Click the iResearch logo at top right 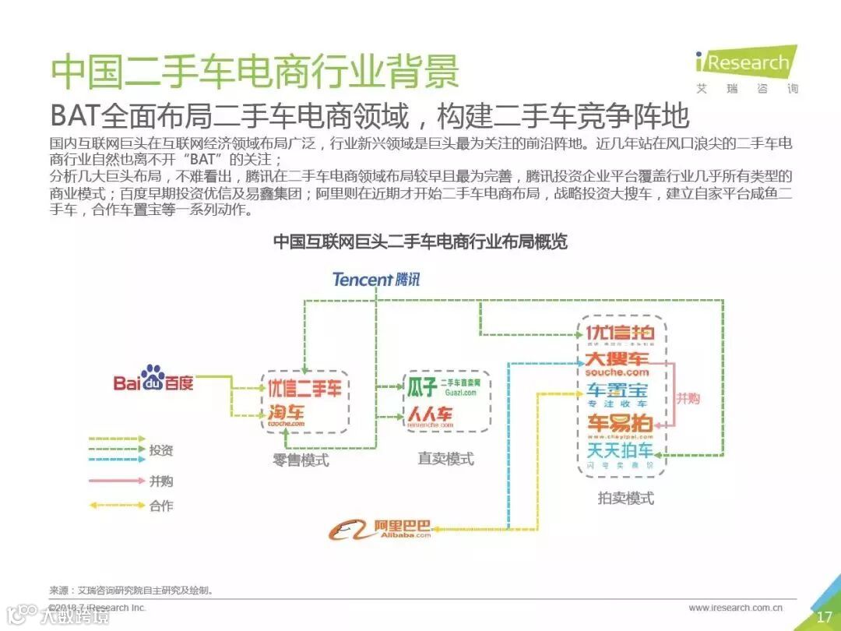(x=746, y=66)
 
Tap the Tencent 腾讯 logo (x=376, y=279)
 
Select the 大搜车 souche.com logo (x=616, y=363)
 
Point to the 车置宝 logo (x=617, y=393)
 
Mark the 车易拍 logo (x=620, y=424)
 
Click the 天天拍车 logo (x=620, y=453)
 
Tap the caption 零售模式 (x=301, y=460)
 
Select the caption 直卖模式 (x=445, y=458)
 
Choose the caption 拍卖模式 (x=625, y=498)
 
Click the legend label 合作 (x=161, y=506)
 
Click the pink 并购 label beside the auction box (x=687, y=398)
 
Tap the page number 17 (x=824, y=617)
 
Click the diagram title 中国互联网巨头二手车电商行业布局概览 (x=420, y=241)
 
